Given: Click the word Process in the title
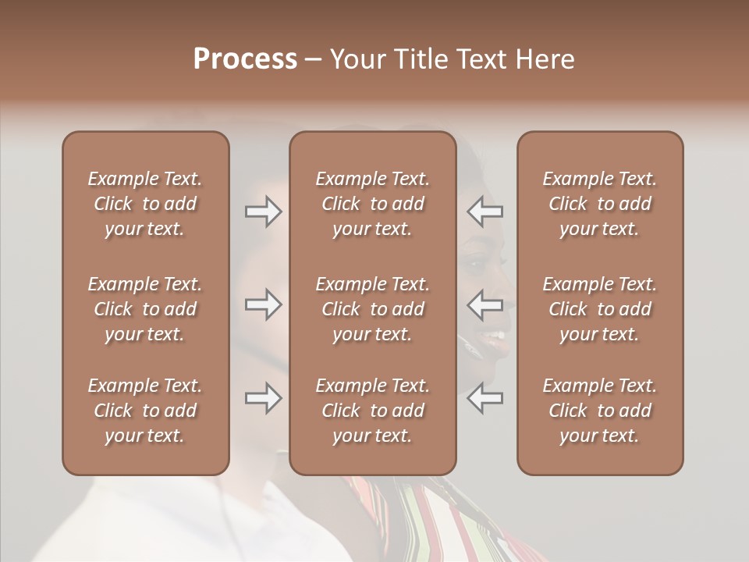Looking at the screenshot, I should click(x=245, y=59).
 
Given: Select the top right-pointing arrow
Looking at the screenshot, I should click(x=264, y=212).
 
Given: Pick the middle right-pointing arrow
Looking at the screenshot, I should click(x=264, y=304).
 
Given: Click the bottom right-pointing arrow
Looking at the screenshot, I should click(x=264, y=398).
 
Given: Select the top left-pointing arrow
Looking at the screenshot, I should click(x=485, y=212).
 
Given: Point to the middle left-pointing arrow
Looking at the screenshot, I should click(x=485, y=304).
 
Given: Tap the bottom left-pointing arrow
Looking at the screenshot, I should click(x=485, y=398).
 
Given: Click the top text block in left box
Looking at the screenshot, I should click(x=145, y=204).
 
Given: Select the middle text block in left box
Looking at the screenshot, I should click(x=145, y=309).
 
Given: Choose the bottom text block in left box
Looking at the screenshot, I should click(x=145, y=411).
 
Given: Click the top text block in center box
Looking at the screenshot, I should click(x=372, y=204).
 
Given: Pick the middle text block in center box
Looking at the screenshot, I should click(x=372, y=309).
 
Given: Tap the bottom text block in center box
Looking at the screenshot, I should click(x=372, y=411).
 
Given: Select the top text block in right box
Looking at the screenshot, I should click(x=599, y=204).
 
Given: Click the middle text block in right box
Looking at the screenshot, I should click(x=599, y=309).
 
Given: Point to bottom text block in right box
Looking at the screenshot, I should click(x=599, y=411).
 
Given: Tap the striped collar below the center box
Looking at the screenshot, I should click(x=390, y=507).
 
